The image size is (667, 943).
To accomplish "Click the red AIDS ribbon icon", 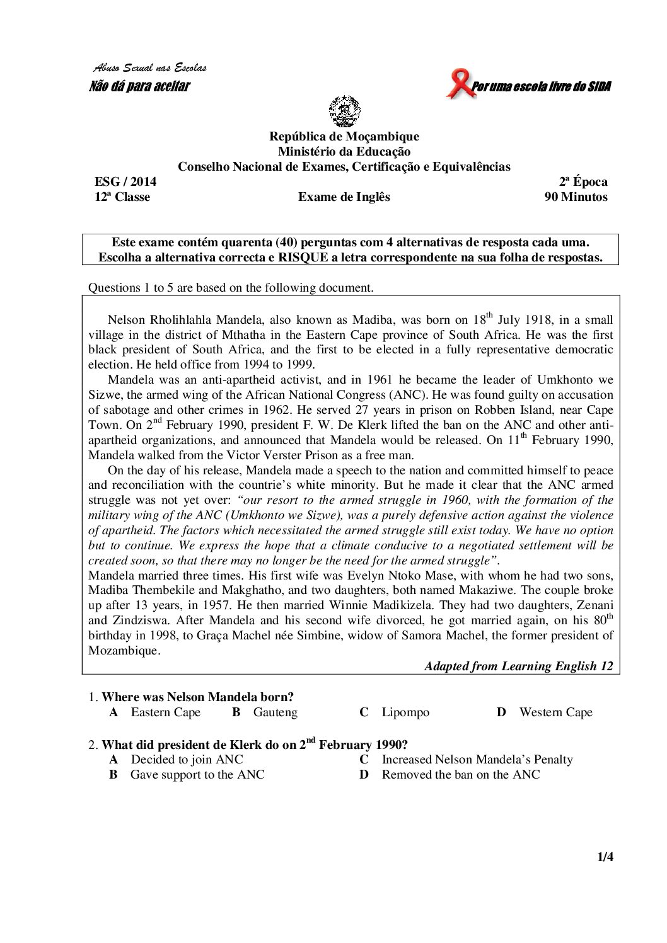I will (460, 84).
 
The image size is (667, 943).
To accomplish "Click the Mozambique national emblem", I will (344, 111).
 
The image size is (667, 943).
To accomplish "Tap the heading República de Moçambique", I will (344, 136).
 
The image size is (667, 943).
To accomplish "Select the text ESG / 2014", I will (125, 181).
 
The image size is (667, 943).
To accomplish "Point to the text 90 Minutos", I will (576, 197).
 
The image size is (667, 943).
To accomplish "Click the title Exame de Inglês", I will (344, 197).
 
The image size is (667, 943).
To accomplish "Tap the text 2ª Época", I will (583, 181).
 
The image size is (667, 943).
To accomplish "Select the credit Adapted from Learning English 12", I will (518, 666).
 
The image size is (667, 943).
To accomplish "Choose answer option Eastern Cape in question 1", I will (165, 712).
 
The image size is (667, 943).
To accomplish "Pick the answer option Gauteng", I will (275, 712).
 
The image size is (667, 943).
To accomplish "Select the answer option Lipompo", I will (405, 712).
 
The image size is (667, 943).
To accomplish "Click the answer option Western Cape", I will (555, 712).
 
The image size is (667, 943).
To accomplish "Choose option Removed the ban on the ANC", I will (460, 774).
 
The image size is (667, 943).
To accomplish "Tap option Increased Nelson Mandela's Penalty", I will (477, 759).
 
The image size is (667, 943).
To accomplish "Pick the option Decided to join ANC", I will (187, 759).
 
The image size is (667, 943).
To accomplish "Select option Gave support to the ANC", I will (197, 774).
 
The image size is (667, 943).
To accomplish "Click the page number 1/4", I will (605, 857).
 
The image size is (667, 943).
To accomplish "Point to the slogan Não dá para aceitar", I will (139, 86).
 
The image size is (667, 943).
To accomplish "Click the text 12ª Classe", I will (122, 197).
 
